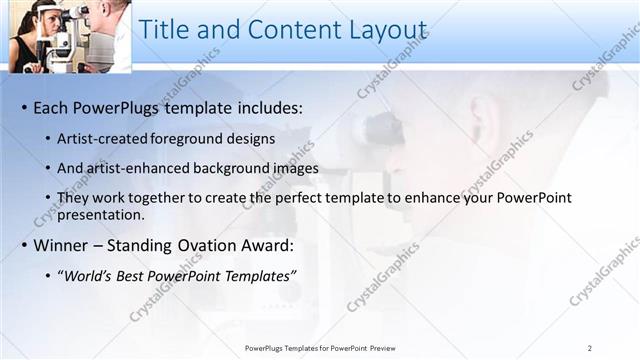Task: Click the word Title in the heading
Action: coord(164,30)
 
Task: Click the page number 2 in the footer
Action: coord(590,348)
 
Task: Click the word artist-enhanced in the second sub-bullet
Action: coord(141,168)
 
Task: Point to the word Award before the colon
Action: coord(264,245)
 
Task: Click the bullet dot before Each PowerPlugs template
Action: coord(24,108)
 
